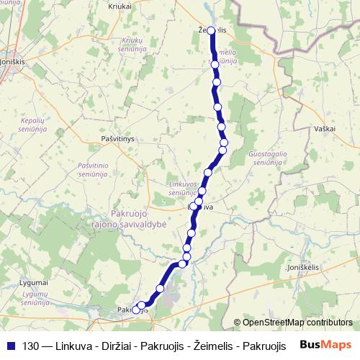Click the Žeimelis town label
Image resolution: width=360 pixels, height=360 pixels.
pyautogui.click(x=211, y=30)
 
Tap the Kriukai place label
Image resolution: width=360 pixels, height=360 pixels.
pyautogui.click(x=120, y=5)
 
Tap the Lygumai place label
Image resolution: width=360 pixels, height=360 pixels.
pyautogui.click(x=33, y=282)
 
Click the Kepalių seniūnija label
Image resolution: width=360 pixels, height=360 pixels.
pyautogui.click(x=33, y=125)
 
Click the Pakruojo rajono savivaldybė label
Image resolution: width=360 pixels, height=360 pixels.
pyautogui.click(x=139, y=219)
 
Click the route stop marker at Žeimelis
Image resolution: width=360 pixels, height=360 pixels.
pyautogui.click(x=212, y=31)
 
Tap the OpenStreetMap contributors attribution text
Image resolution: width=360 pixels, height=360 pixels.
pyautogui.click(x=297, y=323)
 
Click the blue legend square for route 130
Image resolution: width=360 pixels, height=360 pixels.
pyautogui.click(x=10, y=346)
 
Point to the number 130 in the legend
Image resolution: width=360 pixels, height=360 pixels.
pyautogui.click(x=31, y=346)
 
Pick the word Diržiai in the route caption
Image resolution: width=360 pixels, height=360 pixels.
pyautogui.click(x=110, y=346)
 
